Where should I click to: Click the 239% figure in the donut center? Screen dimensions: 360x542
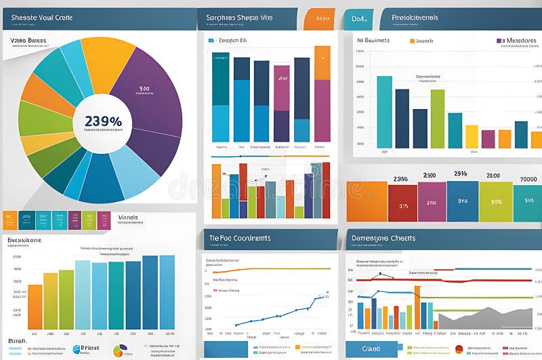point(103,121)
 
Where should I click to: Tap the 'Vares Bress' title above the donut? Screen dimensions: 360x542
point(28,41)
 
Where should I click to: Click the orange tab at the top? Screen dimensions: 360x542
point(318,19)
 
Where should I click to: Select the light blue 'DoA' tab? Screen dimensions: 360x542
point(357,19)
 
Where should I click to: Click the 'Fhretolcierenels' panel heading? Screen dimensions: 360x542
point(415,17)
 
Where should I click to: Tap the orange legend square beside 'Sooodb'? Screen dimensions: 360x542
point(411,41)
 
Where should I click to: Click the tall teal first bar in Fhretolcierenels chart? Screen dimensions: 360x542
point(384,112)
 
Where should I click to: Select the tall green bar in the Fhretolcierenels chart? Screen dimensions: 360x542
point(438,119)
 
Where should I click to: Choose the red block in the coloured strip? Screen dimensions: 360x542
point(402,201)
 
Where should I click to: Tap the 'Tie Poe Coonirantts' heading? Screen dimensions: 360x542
point(240,239)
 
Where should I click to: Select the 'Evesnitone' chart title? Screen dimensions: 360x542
point(24,240)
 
